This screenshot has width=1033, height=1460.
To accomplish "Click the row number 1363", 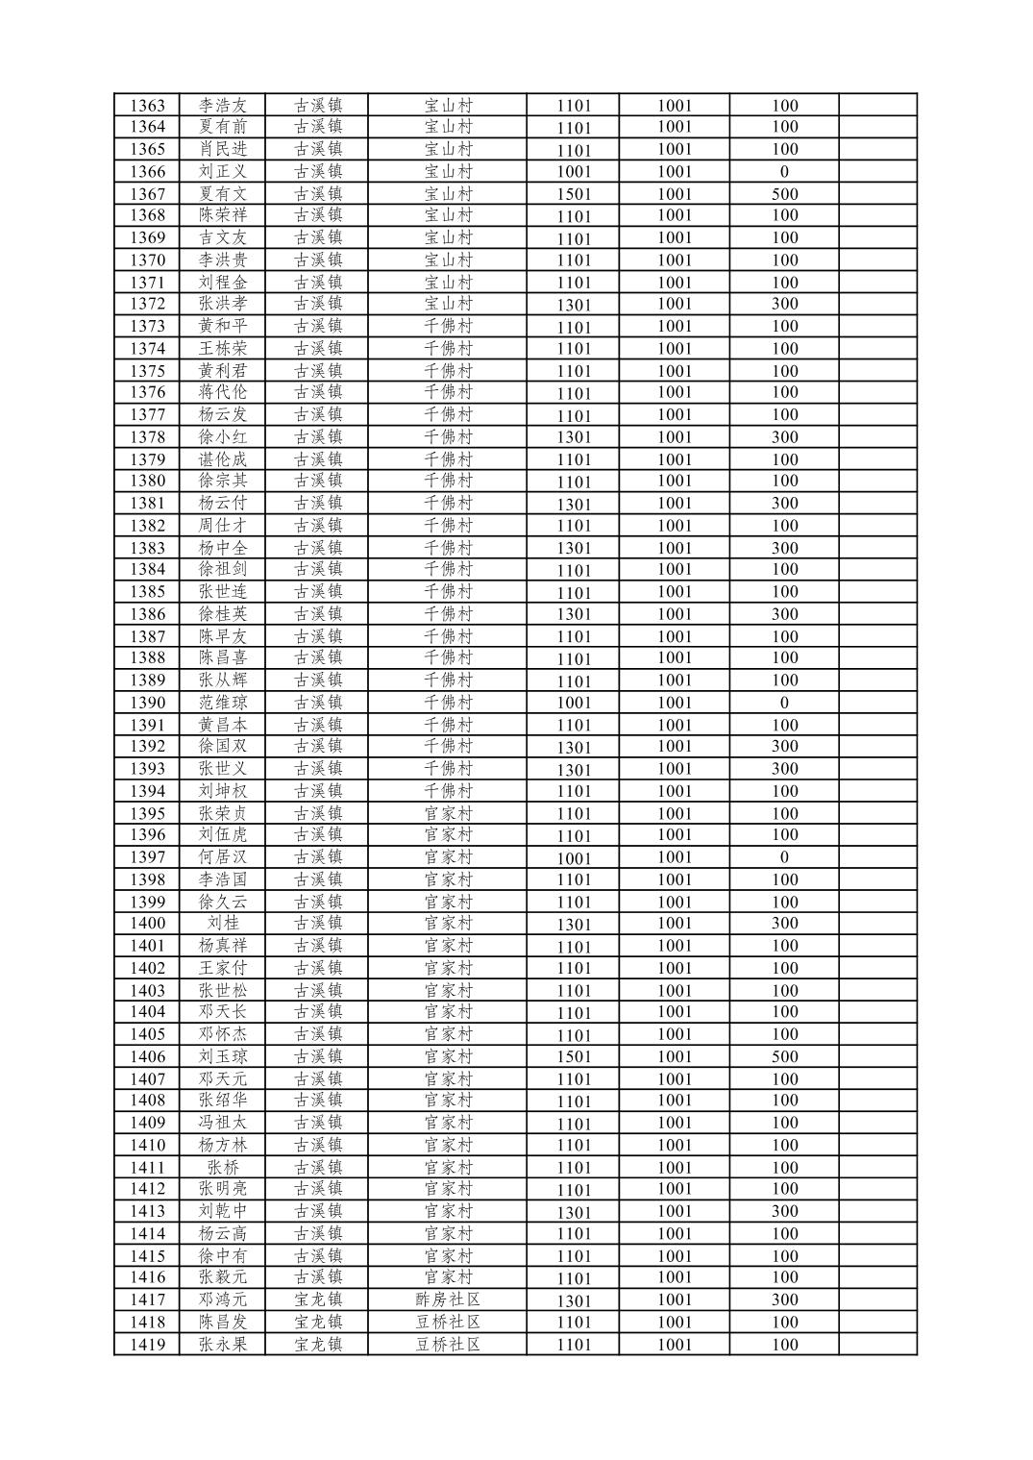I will point(147,106).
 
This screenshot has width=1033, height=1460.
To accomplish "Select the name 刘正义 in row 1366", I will point(223,172).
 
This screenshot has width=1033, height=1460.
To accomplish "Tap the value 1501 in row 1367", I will point(574,194).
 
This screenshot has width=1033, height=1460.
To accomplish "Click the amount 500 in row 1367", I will point(784,194).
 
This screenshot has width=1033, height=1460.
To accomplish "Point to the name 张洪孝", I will point(223,304).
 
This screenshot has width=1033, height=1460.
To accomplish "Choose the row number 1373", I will point(147,327).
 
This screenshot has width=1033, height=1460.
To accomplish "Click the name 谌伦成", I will point(223,459).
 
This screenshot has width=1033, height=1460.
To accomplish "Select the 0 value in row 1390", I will point(784,703).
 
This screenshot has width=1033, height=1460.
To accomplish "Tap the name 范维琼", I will point(223,703).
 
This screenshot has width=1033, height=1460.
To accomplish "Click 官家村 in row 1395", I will point(448,813).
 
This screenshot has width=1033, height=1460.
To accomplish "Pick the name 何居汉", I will point(223,857).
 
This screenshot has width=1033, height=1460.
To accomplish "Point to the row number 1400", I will point(147,924).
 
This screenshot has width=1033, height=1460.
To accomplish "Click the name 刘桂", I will point(223,924).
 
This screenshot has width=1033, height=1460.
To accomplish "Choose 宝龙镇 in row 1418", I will point(318,1323).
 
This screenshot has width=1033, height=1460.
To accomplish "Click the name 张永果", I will point(223,1345).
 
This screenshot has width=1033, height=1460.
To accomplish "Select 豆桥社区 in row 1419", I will point(448,1345).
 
